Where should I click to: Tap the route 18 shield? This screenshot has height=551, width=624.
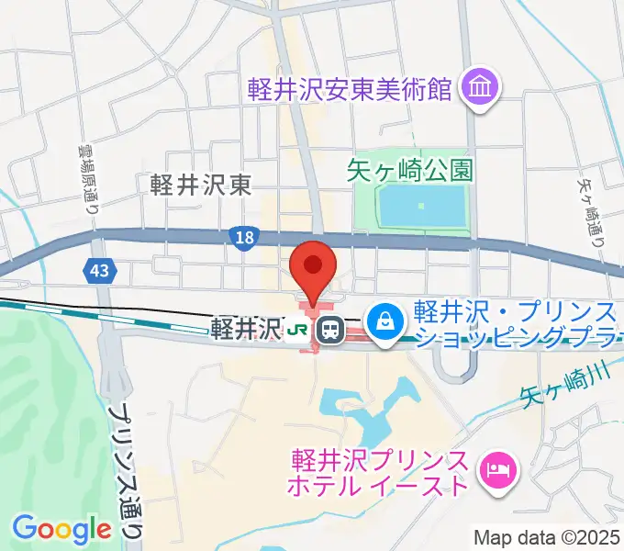[x=240, y=238]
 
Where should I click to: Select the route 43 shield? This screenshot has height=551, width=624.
[x=96, y=269]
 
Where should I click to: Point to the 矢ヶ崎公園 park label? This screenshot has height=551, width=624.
[x=410, y=170]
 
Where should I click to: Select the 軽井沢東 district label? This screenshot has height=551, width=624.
[x=201, y=185]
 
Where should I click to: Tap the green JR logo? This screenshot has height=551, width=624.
[x=297, y=329]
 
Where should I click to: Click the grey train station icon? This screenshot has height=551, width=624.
[x=329, y=329]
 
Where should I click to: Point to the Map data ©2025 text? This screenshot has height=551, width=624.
[x=547, y=537]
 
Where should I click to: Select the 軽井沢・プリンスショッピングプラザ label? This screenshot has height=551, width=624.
[x=514, y=323]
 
